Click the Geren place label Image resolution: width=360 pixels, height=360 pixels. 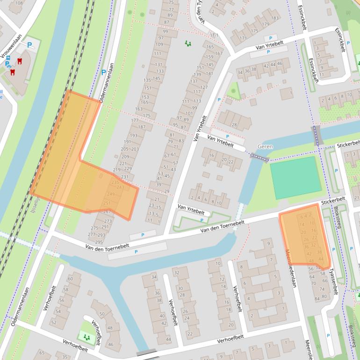coord(265,146)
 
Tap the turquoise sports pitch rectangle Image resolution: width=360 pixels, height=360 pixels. coord(295,178)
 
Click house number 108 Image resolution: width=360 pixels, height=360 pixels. coord(19,3)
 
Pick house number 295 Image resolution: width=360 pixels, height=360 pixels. coord(99,242)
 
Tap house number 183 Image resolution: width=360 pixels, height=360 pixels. coord(275,18)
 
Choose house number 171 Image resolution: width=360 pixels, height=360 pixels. coord(242,38)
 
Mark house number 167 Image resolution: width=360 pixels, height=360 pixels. coord(218,53)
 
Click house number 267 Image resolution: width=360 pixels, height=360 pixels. coord(107,212)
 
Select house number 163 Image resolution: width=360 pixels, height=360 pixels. coord(139,109)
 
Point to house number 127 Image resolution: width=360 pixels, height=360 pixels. coord(204,87)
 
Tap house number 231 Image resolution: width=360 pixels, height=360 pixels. coord(124,177)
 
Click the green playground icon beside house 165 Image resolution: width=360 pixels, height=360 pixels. coord(188,43)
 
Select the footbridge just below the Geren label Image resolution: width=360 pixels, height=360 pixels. coord(260,158)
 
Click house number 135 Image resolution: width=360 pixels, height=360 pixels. coord(147,80)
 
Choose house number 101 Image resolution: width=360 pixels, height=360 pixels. coord(189,113)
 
